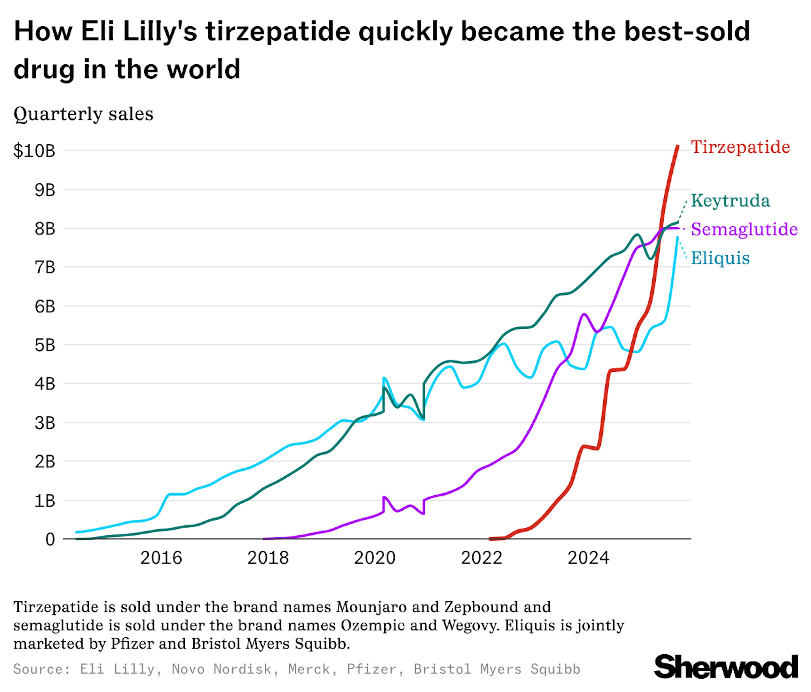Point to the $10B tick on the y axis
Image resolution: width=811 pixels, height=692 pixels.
(34, 151)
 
